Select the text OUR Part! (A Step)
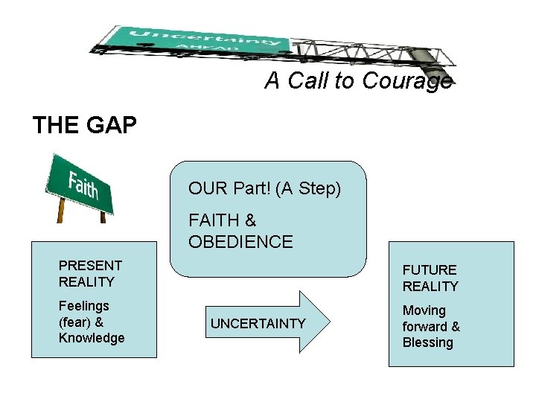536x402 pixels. point(264,189)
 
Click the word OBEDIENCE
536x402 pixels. point(240,242)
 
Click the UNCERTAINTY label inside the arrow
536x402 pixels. point(258,323)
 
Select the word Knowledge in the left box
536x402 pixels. point(92,338)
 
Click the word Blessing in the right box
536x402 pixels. point(427,342)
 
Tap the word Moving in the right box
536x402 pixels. point(424,310)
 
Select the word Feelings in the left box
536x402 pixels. point(83,306)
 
